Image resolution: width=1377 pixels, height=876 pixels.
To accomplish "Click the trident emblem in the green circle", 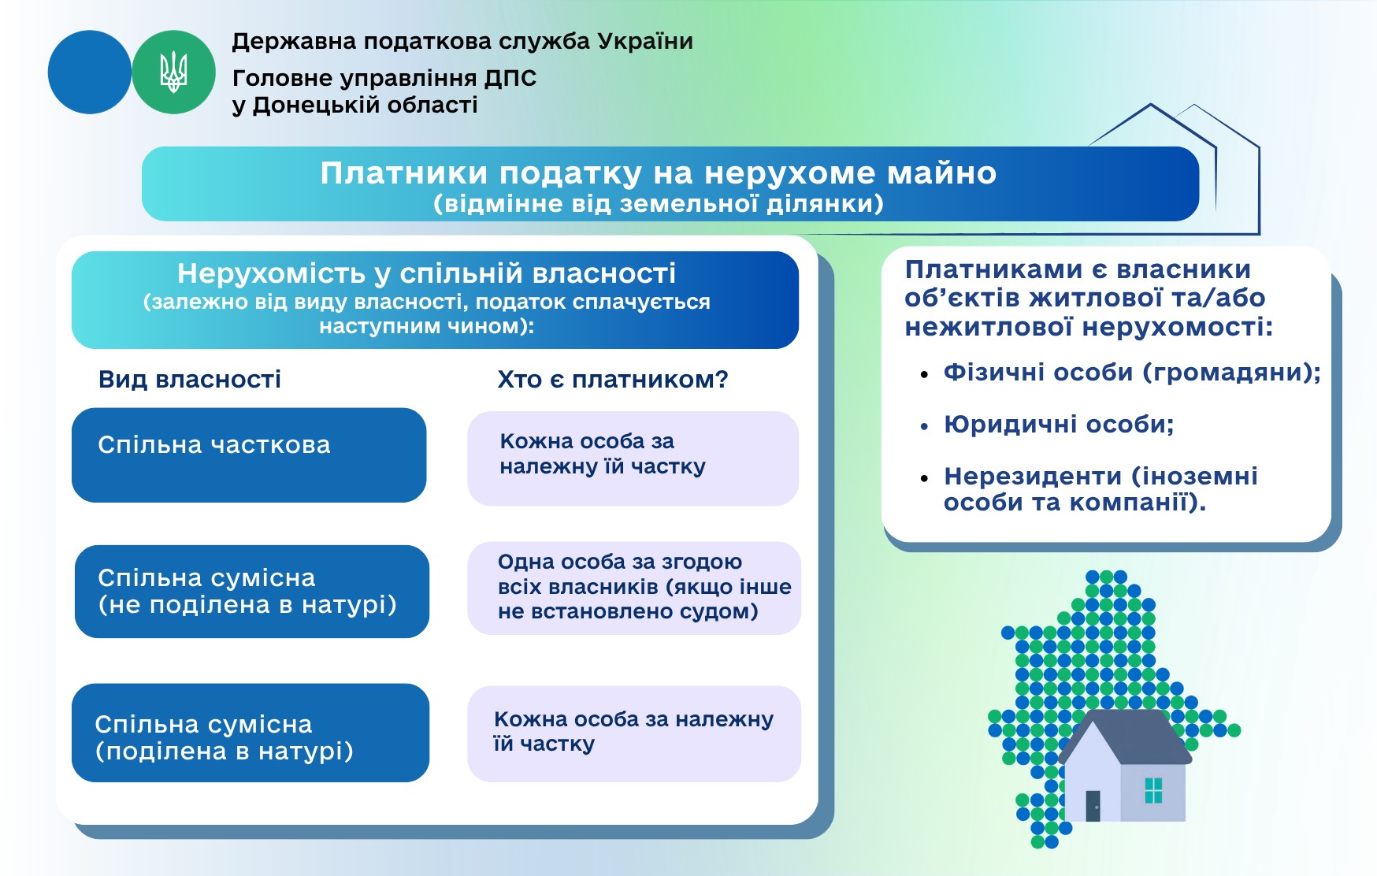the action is [x=173, y=72].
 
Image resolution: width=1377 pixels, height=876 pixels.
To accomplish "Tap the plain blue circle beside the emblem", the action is [x=89, y=72].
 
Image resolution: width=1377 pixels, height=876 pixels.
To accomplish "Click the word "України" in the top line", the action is [x=645, y=41].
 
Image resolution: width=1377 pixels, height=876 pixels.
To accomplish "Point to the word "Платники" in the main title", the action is [x=403, y=173].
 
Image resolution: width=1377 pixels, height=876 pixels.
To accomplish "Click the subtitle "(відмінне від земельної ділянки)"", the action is [x=659, y=204].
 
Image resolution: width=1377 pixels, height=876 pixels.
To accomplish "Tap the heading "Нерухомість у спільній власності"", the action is [x=426, y=273].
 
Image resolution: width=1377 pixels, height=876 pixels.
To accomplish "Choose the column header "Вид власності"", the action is [x=190, y=380].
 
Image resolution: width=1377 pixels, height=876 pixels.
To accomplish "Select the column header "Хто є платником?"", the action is [x=613, y=380].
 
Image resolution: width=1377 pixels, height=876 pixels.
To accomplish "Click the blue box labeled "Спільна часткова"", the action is [x=249, y=455].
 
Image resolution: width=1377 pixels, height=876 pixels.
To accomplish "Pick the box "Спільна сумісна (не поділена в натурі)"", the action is [x=252, y=592].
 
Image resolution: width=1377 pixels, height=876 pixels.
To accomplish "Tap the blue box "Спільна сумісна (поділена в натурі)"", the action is [x=251, y=733].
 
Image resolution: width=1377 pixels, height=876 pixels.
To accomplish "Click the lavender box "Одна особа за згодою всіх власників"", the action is [x=634, y=588].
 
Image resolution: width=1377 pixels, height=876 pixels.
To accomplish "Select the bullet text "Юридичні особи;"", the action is [x=1059, y=425].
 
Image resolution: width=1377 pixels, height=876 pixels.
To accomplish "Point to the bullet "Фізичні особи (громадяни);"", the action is [x=1132, y=373].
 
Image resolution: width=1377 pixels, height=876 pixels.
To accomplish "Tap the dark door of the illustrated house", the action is [x=1093, y=806].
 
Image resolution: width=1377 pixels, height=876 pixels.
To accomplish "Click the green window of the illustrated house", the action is [x=1153, y=790].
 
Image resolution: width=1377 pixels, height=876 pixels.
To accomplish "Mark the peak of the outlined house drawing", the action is [x=1151, y=104].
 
